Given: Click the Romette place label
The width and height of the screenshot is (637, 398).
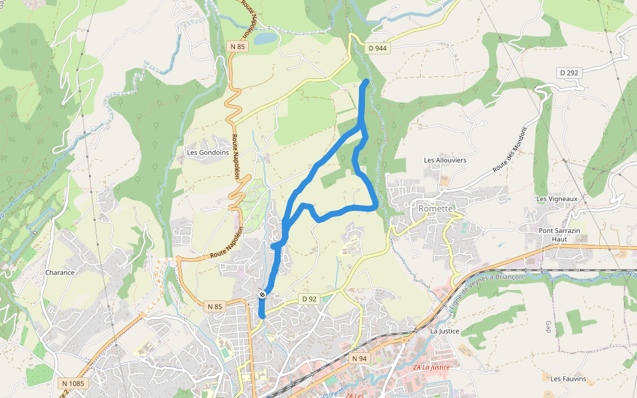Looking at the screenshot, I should [435, 208].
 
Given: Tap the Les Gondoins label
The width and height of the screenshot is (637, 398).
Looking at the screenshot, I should [208, 152].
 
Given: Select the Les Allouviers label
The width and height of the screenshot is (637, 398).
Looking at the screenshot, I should [445, 160].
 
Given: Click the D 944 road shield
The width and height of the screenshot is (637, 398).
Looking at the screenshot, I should [378, 48].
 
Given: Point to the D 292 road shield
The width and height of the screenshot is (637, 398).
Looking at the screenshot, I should [569, 72].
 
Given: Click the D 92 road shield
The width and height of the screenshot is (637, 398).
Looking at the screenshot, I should [309, 299].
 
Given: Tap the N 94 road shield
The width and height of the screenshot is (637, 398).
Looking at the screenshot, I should [359, 358].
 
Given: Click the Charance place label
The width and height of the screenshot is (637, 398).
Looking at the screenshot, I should [60, 273].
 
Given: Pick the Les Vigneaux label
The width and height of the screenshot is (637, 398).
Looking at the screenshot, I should [557, 198].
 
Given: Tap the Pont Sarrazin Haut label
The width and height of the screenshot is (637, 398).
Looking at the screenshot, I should [559, 234].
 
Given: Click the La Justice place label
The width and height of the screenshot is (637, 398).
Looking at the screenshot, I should [445, 331].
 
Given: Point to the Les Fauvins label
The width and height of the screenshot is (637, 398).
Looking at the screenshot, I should [568, 379].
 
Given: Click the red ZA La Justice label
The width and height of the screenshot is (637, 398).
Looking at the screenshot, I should [431, 367].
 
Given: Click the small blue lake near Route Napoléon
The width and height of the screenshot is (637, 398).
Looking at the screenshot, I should [265, 38].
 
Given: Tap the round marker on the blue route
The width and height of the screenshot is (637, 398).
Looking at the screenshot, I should [263, 294].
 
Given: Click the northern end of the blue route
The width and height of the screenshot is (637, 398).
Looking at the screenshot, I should [366, 81].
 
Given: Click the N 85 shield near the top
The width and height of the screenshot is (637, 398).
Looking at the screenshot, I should [238, 46].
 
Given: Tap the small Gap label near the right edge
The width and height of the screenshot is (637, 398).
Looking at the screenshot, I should [549, 326].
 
